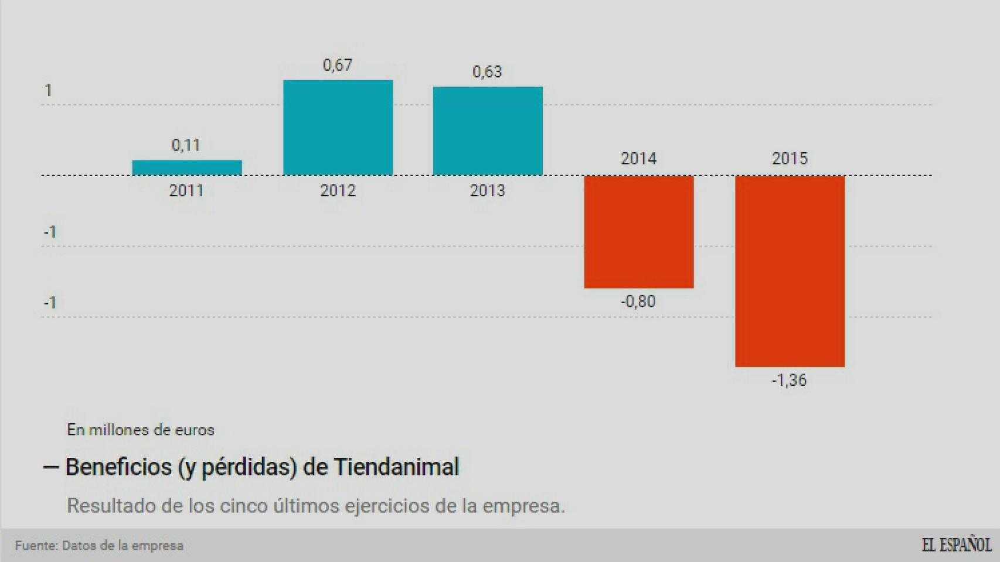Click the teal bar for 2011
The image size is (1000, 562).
[x=187, y=168]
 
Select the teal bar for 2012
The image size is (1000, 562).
[x=338, y=128]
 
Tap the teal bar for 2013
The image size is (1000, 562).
[x=488, y=131]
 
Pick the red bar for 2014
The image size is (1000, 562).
[x=639, y=232]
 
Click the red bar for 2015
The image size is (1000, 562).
[x=790, y=271]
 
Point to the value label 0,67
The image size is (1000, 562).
[x=338, y=65]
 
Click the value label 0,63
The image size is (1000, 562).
[x=487, y=72]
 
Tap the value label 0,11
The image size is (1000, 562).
[x=186, y=145]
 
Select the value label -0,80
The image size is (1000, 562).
[x=638, y=301]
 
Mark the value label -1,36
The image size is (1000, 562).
[x=789, y=381]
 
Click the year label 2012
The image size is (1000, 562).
[x=338, y=191]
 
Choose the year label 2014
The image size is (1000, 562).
[x=638, y=159]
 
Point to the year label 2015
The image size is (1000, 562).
[x=790, y=159]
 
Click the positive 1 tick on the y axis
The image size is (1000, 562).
[x=49, y=91]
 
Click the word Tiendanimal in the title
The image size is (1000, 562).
[x=396, y=467]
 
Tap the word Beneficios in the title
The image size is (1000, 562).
[x=118, y=467]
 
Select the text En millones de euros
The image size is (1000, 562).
[x=141, y=430]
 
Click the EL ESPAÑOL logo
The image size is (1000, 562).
[x=956, y=545]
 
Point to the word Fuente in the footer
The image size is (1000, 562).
[x=36, y=546]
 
